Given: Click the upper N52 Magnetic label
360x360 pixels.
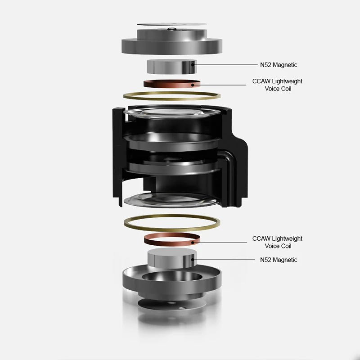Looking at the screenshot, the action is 279,65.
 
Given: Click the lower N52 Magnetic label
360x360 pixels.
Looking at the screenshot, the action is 279,260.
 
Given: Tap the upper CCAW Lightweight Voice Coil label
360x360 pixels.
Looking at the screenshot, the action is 277,85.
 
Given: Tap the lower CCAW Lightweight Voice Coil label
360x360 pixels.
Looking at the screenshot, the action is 277,242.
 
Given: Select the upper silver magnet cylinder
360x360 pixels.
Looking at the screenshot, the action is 172,67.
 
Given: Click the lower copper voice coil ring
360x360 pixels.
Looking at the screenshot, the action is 172,244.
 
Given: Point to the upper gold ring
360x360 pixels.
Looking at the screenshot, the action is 172,99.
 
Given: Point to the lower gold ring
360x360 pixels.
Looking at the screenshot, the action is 172,230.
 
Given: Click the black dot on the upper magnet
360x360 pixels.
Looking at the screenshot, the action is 193,65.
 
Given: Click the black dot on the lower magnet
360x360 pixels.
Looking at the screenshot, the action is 193,260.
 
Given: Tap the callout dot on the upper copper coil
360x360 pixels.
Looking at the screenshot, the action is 193,85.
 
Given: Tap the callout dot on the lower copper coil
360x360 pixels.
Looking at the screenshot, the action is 193,243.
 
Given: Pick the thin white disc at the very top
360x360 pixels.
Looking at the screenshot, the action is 172,24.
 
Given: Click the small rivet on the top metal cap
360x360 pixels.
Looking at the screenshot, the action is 171,29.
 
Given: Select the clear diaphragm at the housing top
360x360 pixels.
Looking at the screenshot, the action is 171,112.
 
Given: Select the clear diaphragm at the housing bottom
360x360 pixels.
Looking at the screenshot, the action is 171,200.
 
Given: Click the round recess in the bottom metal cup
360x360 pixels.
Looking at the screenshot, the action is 172,277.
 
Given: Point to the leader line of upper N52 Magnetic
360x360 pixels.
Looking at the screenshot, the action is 226,65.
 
